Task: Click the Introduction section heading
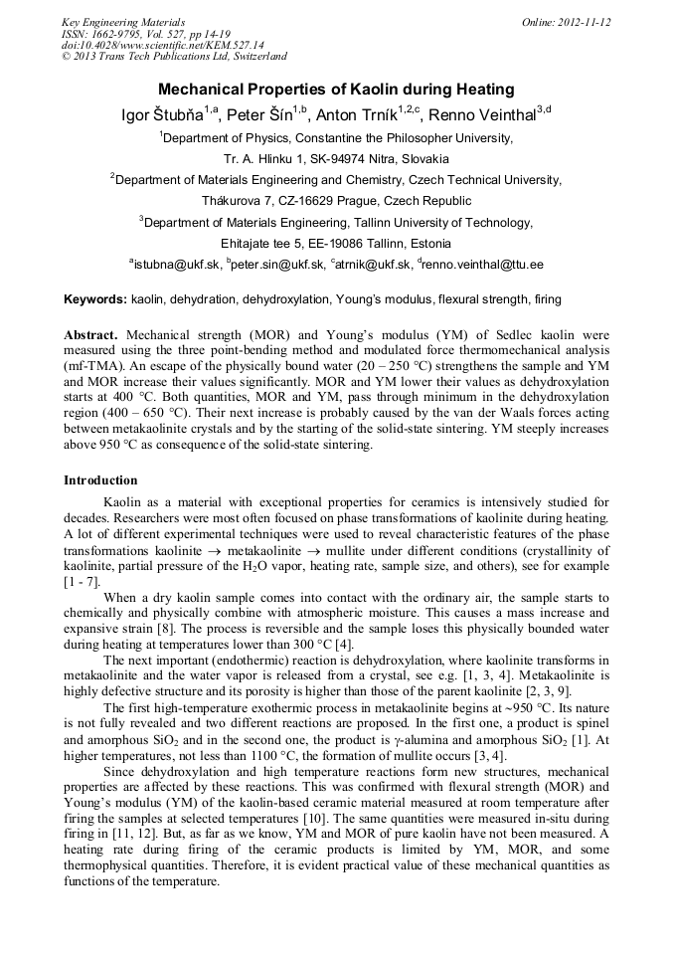click(x=100, y=480)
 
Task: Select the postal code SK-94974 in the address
click(x=342, y=158)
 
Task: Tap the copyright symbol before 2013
click(x=66, y=57)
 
